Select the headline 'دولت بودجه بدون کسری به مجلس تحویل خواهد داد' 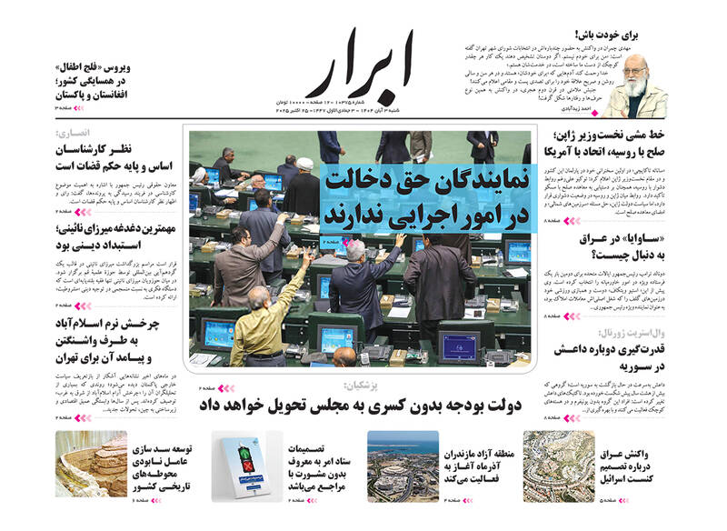click(383, 406)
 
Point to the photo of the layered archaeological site click(91, 465)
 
